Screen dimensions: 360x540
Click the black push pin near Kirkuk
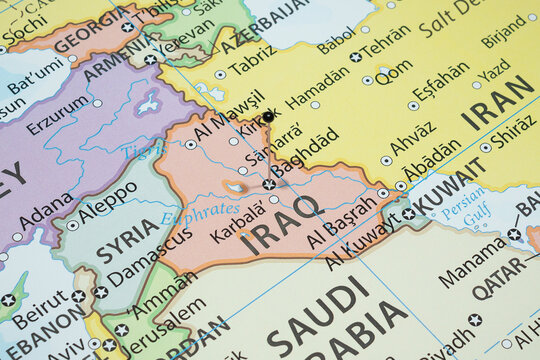tap(268, 117)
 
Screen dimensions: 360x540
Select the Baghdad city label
tap(304, 153)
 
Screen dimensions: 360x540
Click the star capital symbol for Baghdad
tap(269, 184)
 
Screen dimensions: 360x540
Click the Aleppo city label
tap(107, 202)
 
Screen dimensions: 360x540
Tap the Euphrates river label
tap(200, 213)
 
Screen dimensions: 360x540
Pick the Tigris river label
tap(141, 149)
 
